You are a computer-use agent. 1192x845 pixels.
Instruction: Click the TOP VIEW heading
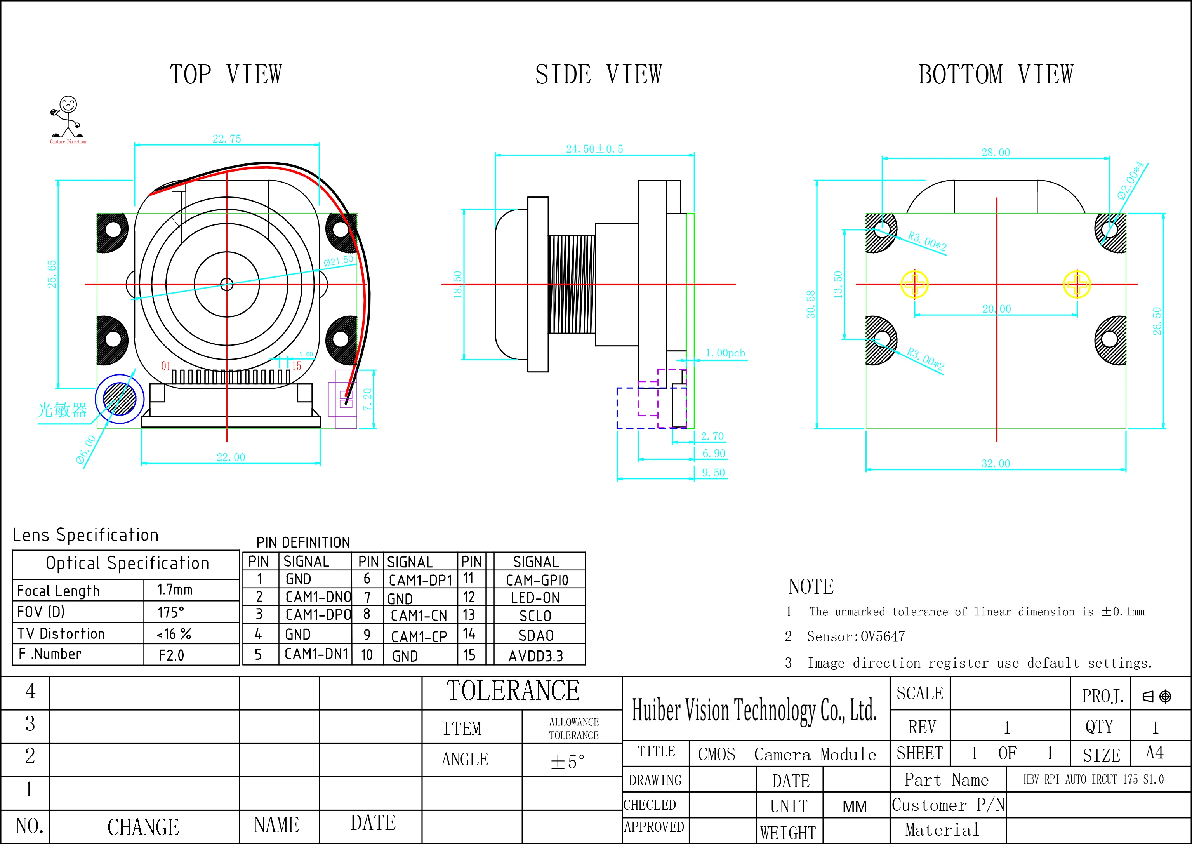226,75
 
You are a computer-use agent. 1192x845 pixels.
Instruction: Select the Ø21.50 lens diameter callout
338,260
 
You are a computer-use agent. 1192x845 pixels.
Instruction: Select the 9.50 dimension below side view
713,473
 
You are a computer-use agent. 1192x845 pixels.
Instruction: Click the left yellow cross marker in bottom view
914,284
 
